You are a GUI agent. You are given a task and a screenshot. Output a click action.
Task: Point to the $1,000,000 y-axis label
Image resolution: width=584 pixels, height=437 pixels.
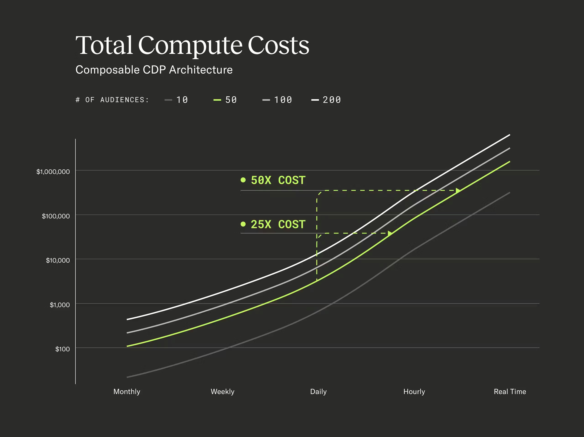(53, 172)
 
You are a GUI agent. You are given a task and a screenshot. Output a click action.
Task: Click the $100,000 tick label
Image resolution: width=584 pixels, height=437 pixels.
(56, 216)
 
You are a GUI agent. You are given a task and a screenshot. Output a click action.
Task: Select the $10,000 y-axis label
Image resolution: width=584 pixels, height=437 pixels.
(58, 260)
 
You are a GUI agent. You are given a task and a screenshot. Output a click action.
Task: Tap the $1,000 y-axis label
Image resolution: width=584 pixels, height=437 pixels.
(60, 305)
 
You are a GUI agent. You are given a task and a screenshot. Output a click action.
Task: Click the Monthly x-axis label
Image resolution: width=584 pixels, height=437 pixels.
(127, 391)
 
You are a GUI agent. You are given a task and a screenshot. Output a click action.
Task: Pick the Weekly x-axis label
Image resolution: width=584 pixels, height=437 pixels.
(222, 391)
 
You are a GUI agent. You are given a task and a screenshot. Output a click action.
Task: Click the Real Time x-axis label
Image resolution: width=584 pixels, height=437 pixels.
(510, 391)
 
